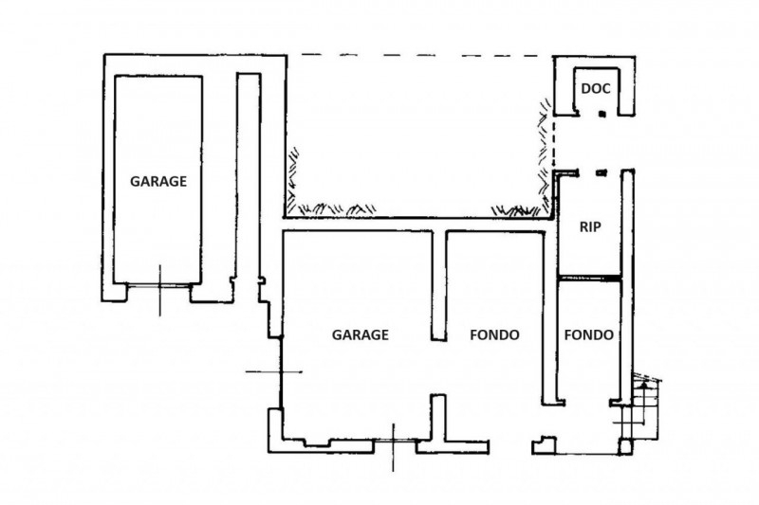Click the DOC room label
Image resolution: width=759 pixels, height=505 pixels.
(x=596, y=89)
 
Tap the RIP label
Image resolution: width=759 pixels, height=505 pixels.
(x=590, y=226)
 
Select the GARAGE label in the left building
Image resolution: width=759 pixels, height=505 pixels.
(x=158, y=182)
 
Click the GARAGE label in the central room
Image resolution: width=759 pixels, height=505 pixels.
(x=361, y=334)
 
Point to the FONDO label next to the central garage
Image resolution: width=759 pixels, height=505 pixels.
(x=494, y=334)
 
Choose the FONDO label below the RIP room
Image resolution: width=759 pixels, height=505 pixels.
(x=588, y=334)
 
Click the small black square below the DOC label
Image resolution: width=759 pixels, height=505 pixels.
(x=602, y=114)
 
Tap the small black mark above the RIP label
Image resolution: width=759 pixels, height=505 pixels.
(x=602, y=172)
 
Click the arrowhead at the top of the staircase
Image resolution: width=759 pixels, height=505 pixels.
(x=643, y=384)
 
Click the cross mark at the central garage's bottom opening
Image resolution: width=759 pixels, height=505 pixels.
(x=393, y=441)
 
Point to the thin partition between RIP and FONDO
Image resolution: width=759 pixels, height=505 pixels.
(x=589, y=278)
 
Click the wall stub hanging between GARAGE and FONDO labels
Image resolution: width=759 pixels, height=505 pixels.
(x=438, y=286)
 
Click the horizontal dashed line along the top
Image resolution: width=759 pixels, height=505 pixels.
(x=420, y=55)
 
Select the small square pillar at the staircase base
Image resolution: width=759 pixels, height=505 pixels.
(x=625, y=446)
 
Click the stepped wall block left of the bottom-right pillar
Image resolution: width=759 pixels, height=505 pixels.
(x=544, y=445)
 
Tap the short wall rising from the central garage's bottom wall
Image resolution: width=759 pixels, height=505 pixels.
(x=438, y=418)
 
